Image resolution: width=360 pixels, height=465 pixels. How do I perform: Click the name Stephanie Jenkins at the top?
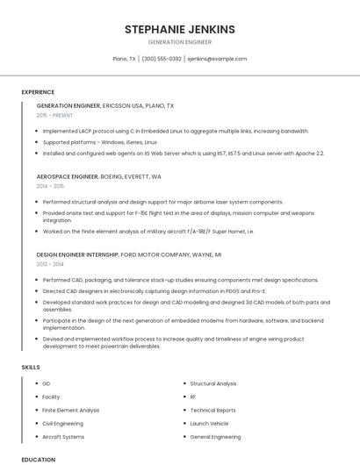coord(180,29)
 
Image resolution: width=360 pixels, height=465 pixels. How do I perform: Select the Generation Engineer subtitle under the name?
coord(180,42)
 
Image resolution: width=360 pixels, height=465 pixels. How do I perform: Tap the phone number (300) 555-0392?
coord(162,59)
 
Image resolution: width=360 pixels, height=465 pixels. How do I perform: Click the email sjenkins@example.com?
coord(217,59)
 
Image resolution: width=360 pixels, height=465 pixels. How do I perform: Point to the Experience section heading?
coord(38,92)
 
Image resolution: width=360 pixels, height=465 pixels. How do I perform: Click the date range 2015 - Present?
coord(55,115)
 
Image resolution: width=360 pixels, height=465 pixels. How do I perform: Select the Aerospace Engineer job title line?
coord(98,176)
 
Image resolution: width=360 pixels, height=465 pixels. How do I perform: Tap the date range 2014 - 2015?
coord(50,186)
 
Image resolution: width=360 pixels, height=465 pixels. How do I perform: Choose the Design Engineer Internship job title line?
coord(128,254)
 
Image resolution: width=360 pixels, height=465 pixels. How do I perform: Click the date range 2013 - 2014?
coord(50,264)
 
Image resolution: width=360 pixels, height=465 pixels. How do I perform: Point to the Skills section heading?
coord(31,366)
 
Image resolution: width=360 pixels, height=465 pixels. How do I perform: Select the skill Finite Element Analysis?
coord(70,410)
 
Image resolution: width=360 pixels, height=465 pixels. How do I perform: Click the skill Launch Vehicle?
coord(209,423)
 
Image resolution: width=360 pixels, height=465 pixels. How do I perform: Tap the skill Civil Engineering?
coord(63,423)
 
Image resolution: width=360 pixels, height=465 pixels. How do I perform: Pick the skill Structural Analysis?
coord(213,383)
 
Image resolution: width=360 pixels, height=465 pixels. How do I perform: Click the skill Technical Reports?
coord(212,410)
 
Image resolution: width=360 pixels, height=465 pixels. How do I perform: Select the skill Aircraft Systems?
coord(63,436)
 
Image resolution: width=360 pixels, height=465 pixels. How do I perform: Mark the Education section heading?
coord(38,459)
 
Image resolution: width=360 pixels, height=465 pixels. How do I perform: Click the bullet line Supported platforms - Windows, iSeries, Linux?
coord(99,141)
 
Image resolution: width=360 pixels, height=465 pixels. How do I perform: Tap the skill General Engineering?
coord(215,436)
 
